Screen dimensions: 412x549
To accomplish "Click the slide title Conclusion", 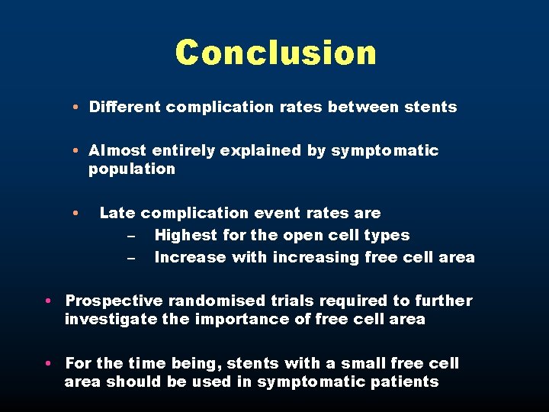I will click(x=275, y=53).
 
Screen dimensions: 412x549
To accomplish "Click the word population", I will click(x=132, y=169).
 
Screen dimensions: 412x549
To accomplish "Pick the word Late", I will click(x=117, y=214).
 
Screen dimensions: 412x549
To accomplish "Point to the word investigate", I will click(x=107, y=320).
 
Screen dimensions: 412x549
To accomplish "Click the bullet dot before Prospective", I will click(x=48, y=301).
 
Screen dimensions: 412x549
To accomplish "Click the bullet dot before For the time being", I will click(x=48, y=364).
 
